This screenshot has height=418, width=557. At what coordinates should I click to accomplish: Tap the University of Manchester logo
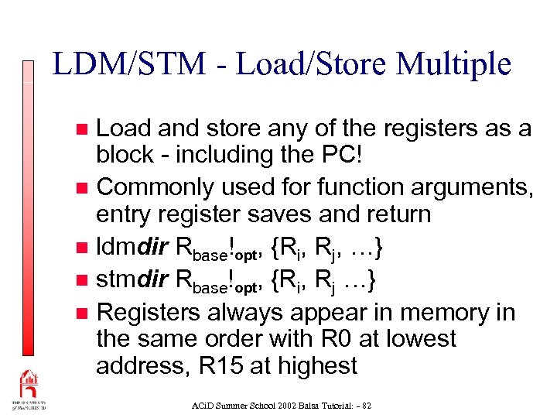coord(28,392)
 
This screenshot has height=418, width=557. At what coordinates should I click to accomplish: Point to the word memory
coord(441,312)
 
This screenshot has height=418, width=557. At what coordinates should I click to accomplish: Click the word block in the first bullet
coord(125,154)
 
